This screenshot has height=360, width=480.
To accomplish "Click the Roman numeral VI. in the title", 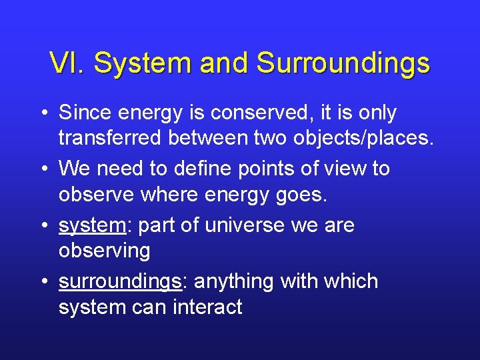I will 67,64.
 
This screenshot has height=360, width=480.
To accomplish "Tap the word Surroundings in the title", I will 343,64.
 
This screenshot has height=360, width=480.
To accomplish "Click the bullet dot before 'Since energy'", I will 43,114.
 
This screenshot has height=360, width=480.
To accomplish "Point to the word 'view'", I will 345,169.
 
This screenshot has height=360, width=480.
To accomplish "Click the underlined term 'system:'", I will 94,226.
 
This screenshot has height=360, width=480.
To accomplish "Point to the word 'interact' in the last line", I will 209,308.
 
